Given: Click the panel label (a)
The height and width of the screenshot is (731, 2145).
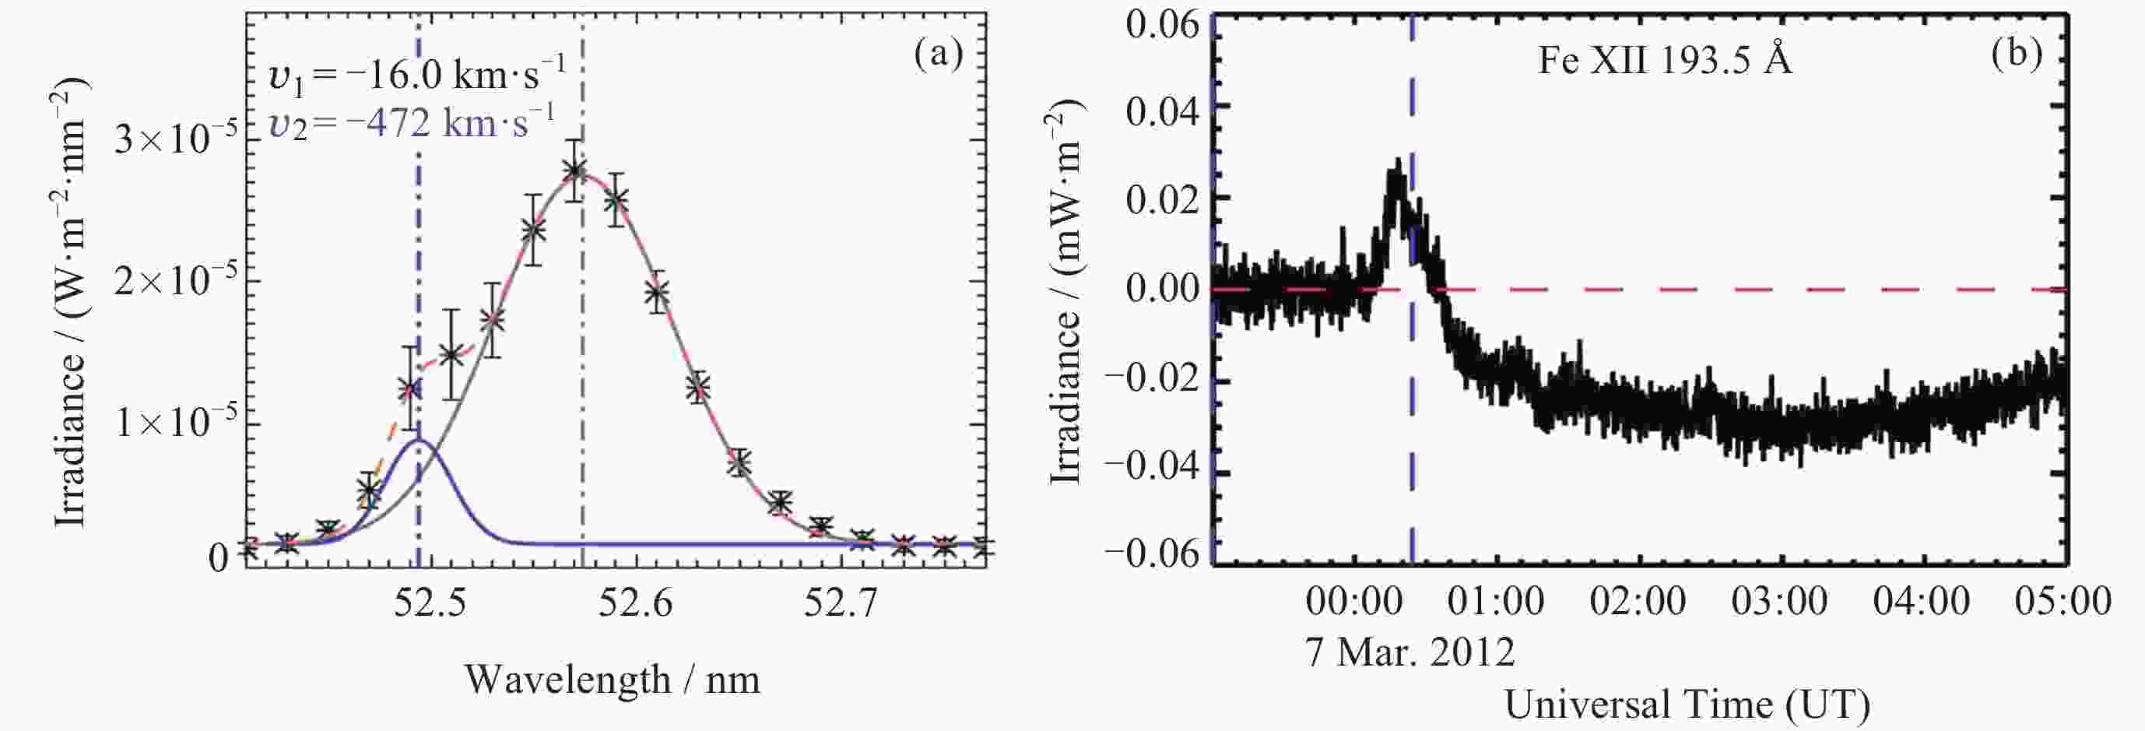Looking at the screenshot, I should [938, 55].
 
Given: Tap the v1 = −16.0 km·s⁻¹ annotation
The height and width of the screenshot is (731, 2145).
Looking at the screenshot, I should [417, 76].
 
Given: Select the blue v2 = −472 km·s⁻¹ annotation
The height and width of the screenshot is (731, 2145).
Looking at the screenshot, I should [412, 123].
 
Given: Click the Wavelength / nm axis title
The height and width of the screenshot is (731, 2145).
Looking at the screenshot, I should [612, 680].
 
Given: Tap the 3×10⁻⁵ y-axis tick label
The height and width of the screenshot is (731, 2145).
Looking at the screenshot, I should [176, 137].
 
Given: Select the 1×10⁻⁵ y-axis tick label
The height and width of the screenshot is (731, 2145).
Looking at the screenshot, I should [176, 422].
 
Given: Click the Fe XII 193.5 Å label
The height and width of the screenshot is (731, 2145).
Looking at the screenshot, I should [1664, 61].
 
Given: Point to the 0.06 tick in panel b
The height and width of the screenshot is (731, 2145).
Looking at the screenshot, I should [1163, 25].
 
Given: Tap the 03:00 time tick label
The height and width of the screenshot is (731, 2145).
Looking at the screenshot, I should [1779, 601].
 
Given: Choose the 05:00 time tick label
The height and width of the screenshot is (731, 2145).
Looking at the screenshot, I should [2063, 601].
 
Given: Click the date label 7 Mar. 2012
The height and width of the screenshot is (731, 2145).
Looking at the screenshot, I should [1410, 652].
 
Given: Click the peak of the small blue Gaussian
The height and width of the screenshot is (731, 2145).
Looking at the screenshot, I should [420, 440].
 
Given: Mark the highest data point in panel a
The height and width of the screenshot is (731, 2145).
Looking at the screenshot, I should [573, 170].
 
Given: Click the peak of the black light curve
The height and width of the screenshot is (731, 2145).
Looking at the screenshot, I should [1396, 163].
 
